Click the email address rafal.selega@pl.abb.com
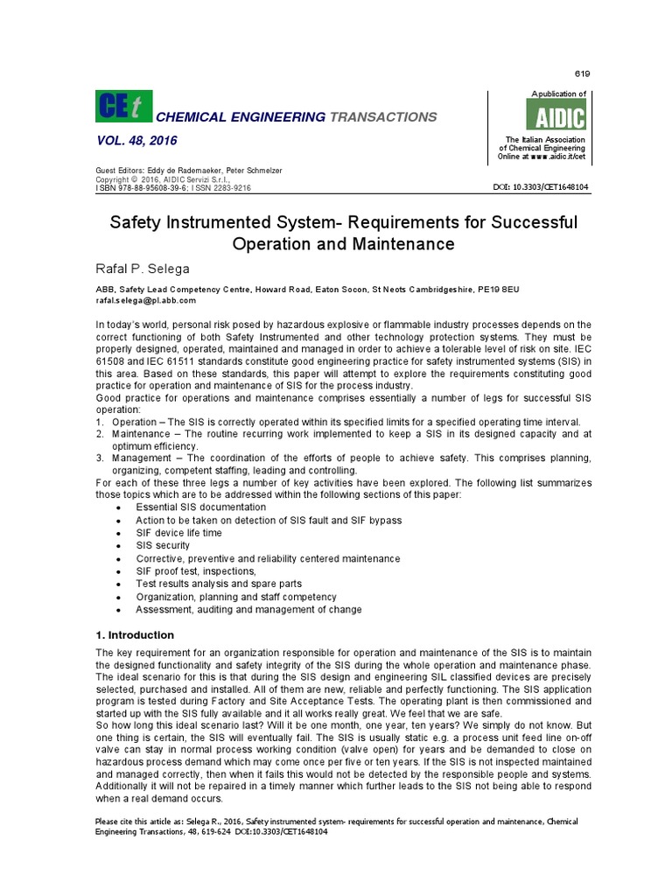click(x=145, y=299)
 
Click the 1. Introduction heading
click(x=134, y=634)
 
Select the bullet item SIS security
click(x=163, y=545)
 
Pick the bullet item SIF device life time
click(x=178, y=532)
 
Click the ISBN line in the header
click(x=172, y=187)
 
